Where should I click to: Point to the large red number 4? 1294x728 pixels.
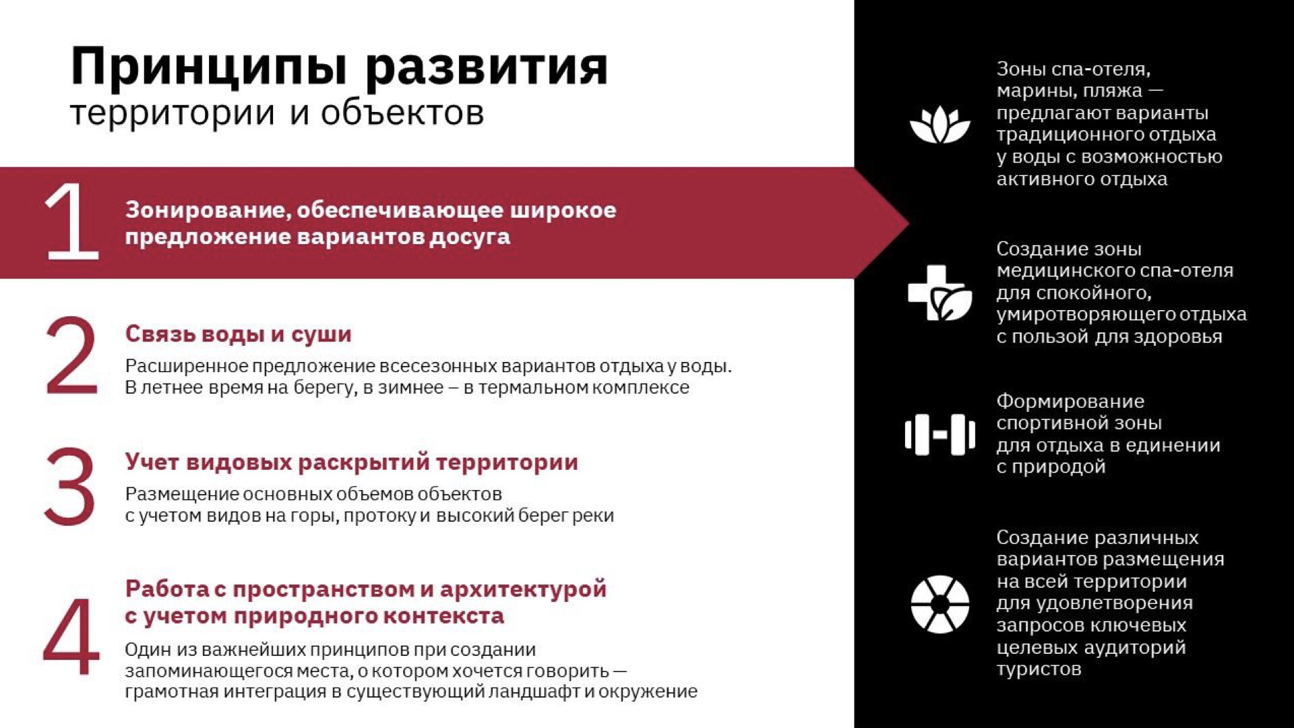coord(71,636)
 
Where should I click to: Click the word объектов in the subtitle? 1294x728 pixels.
coord(402,113)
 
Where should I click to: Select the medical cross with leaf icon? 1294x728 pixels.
coord(939,293)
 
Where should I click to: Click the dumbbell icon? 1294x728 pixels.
coord(939,434)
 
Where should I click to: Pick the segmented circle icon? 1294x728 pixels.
coord(939,604)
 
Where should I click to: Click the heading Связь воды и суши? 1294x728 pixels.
coord(238,334)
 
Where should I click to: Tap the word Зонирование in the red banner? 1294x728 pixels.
coord(209,210)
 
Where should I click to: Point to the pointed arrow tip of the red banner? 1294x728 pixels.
coord(908,222)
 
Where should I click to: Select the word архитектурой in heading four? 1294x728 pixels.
coord(523,590)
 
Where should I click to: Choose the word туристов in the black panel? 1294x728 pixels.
coord(1039,669)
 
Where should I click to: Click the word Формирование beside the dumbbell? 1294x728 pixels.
coord(1070,402)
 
